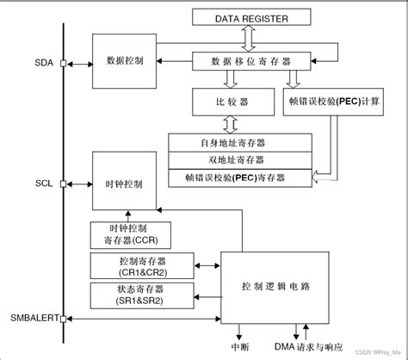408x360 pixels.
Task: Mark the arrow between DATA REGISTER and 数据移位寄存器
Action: click(249, 38)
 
